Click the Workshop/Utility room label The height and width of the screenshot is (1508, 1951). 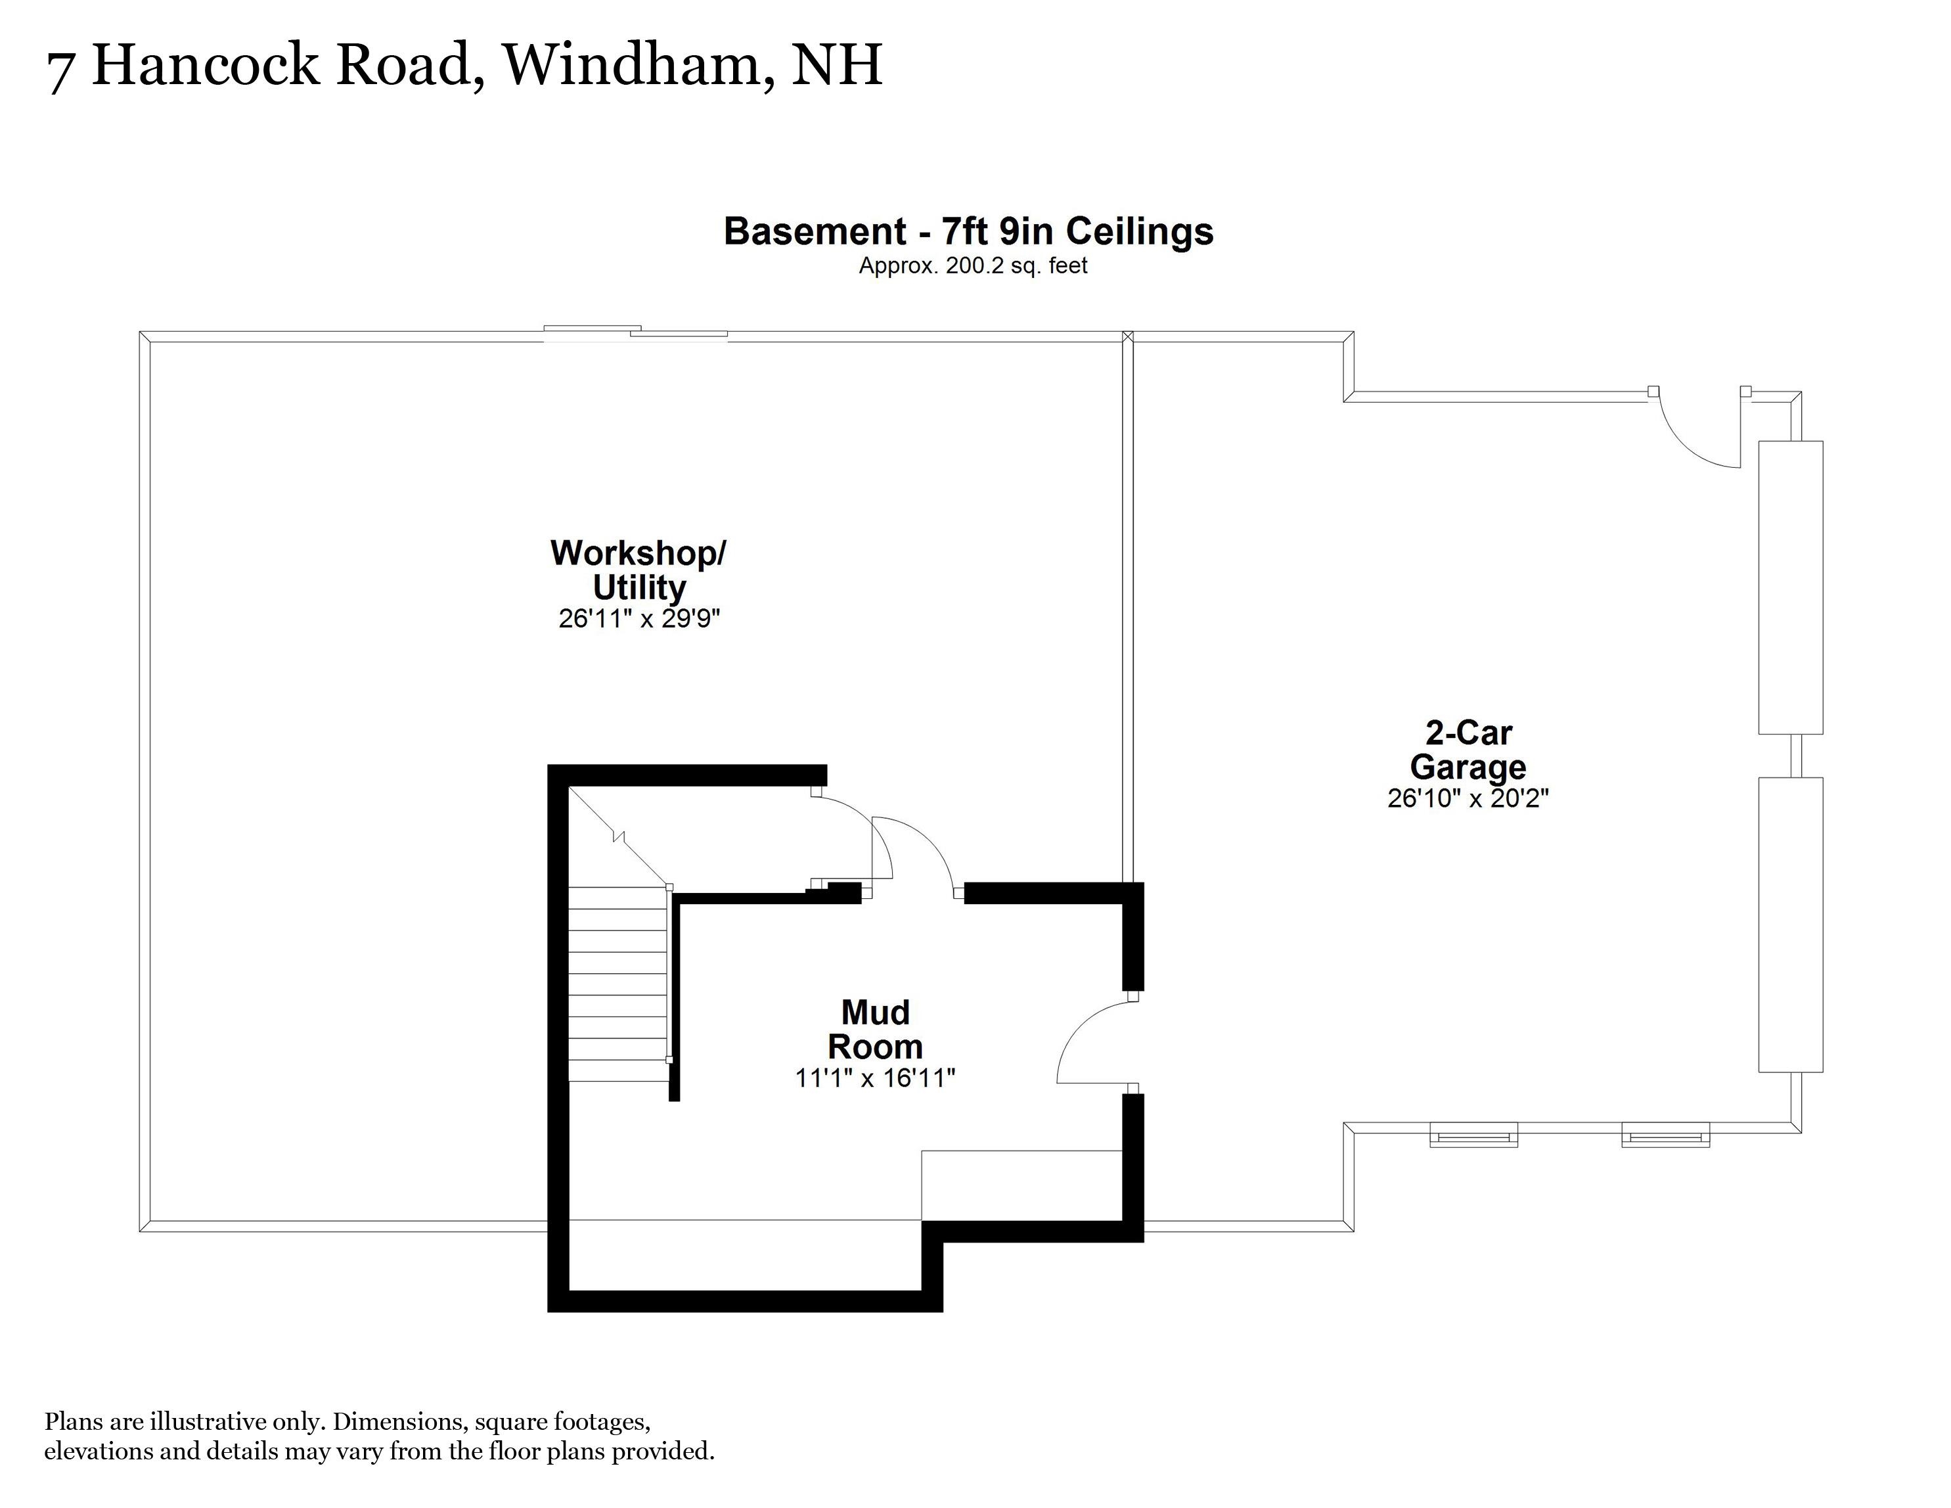pyautogui.click(x=639, y=570)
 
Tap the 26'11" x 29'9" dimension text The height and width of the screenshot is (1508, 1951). pyautogui.click(x=640, y=618)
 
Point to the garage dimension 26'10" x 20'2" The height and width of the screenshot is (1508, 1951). pyautogui.click(x=1468, y=798)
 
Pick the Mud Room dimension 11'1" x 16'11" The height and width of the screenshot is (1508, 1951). pyautogui.click(x=876, y=1078)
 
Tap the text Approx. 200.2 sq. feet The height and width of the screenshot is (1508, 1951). pyautogui.click(x=973, y=265)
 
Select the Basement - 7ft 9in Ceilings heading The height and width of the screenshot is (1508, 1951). pyautogui.click(x=968, y=231)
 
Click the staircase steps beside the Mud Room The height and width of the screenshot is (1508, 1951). pyautogui.click(x=618, y=983)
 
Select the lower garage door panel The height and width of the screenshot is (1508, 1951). pyautogui.click(x=1790, y=925)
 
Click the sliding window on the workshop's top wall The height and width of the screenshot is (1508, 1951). pyautogui.click(x=636, y=333)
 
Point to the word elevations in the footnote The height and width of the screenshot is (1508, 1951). pyautogui.click(x=99, y=1451)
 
